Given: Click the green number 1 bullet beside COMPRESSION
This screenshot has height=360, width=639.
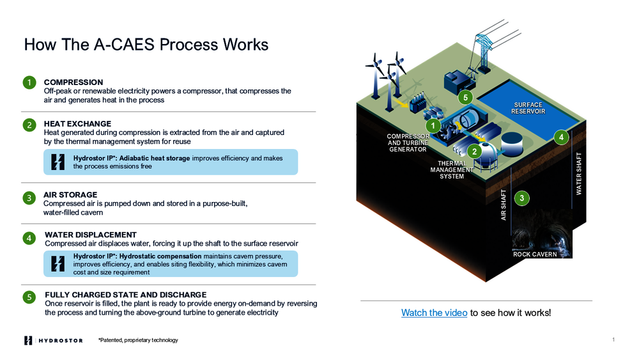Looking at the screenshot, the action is pos(29,82).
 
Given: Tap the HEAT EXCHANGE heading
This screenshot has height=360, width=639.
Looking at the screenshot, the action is pos(77,123).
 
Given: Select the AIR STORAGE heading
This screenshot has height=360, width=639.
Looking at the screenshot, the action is pos(70,194).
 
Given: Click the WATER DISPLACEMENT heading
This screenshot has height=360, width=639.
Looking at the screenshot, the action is pos(91,235).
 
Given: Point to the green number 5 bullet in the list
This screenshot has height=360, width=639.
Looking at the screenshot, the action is pos(29,297).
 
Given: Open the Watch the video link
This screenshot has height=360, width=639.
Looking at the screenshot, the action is pos(434,313).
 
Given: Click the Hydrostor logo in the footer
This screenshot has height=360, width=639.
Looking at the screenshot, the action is pos(54,340).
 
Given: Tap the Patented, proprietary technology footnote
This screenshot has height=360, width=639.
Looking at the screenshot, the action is pos(138,340).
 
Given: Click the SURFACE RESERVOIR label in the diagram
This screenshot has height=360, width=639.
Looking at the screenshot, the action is pos(528,108).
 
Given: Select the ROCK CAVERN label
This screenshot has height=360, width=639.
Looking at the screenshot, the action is pos(535,254).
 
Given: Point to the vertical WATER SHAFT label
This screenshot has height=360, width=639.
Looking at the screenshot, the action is pos(579,173).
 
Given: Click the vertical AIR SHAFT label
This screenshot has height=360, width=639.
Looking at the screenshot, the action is pos(504,205).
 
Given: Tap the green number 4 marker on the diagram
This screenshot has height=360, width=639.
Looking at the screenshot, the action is pos(561,137).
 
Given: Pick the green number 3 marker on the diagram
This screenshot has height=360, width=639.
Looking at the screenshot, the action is pos(522,199).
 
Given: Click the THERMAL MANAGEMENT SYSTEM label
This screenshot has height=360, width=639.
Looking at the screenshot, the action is pos(452,169).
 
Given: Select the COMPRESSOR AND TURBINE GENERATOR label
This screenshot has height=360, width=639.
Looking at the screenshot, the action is pos(408,143).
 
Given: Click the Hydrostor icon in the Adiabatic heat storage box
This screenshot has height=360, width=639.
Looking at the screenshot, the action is pos(58,162).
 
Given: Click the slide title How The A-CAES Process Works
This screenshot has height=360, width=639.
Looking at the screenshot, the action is pos(146,44).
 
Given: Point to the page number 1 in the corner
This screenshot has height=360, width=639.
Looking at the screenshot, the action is pos(613,340).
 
